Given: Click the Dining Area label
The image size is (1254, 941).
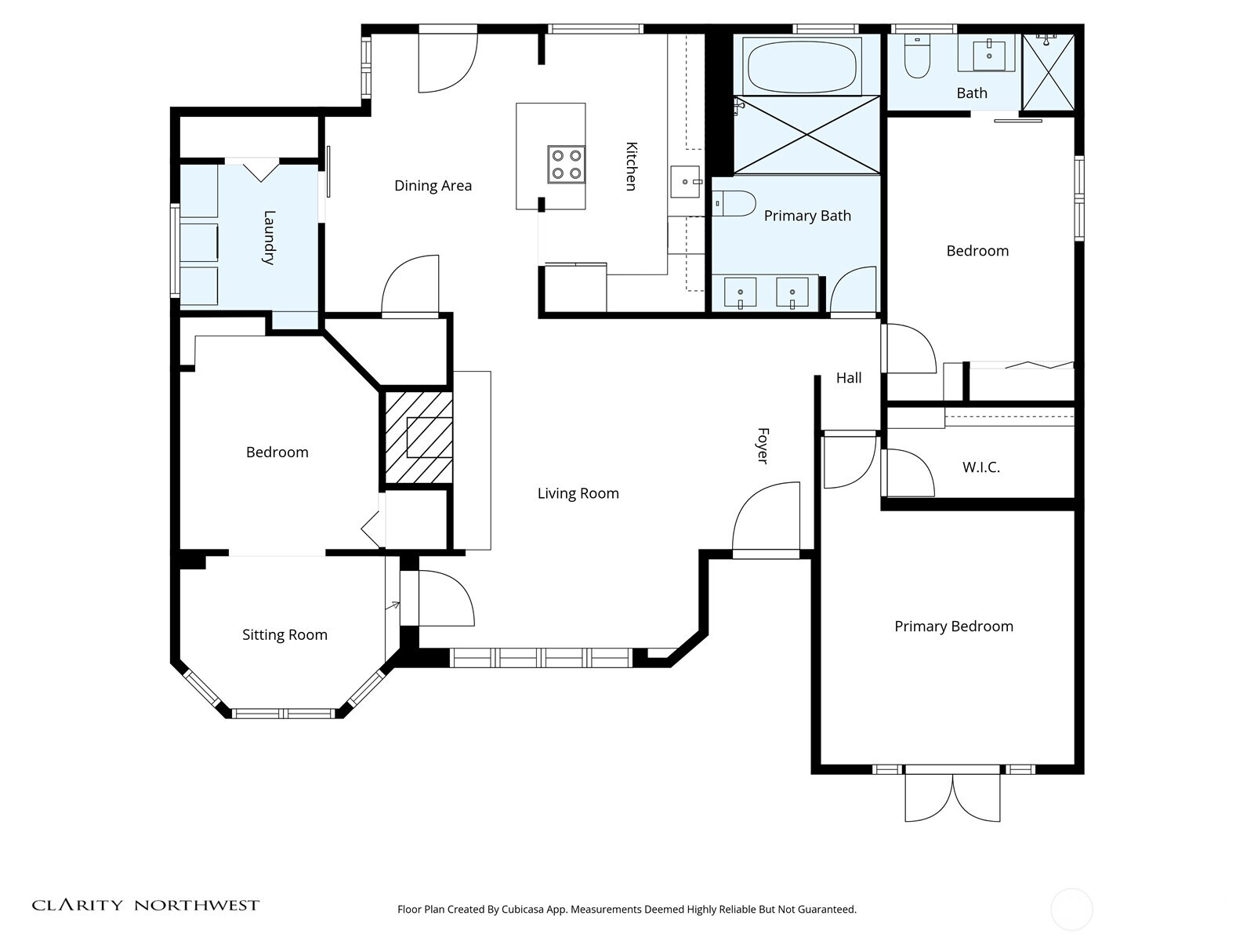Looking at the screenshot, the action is pyautogui.click(x=433, y=186).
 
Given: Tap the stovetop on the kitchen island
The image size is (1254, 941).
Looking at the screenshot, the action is pyautogui.click(x=566, y=165).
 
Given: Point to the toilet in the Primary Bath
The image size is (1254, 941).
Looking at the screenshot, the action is pyautogui.click(x=734, y=203).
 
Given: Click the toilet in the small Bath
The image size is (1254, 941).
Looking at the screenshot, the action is pyautogui.click(x=918, y=56).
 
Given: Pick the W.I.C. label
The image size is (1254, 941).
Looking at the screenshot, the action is pyautogui.click(x=981, y=467).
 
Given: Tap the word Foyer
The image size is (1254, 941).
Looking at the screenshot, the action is pyautogui.click(x=763, y=445).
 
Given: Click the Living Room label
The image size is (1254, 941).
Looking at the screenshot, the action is pyautogui.click(x=578, y=493).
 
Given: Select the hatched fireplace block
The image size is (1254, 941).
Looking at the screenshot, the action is pyautogui.click(x=419, y=437).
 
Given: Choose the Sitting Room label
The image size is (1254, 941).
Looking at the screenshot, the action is pyautogui.click(x=285, y=634).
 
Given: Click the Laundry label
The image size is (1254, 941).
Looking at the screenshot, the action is pyautogui.click(x=269, y=238).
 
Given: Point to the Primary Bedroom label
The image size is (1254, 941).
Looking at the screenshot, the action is pyautogui.click(x=954, y=627).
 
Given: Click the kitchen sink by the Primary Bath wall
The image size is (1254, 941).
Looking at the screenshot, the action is pyautogui.click(x=685, y=182).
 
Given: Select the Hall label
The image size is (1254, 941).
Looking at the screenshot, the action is pyautogui.click(x=849, y=378).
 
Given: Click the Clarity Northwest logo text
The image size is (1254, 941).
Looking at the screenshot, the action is pyautogui.click(x=146, y=905).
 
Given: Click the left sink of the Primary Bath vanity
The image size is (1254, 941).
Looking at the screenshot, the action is pyautogui.click(x=741, y=292).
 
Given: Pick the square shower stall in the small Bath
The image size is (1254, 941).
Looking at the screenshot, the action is pyautogui.click(x=1048, y=72).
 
